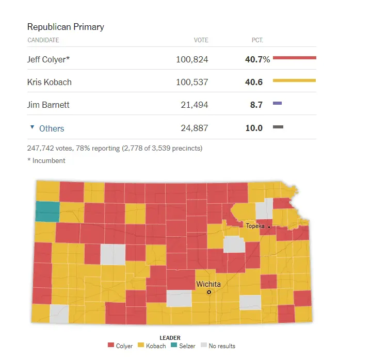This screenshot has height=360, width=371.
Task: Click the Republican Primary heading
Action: coord(66,26)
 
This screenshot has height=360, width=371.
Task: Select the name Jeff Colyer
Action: coord(48,59)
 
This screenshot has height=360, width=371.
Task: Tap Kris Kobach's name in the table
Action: coord(49,82)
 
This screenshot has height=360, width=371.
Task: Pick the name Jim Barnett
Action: coord(48,105)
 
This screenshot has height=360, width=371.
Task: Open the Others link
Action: coord(52,128)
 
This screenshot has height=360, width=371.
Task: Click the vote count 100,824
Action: coord(192,59)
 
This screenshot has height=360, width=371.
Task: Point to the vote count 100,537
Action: coord(192,82)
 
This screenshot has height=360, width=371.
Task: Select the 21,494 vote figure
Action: coord(195,105)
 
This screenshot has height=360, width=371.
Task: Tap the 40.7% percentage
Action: coord(257,59)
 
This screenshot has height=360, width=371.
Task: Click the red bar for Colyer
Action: coord(294,58)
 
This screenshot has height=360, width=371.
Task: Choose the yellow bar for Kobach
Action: coord(294,80)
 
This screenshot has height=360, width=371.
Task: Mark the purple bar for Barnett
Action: coord(277,104)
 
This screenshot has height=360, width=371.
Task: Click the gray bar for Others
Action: coord(278,127)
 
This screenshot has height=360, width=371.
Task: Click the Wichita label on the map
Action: coord(208,284)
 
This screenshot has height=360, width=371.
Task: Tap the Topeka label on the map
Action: coord(255,226)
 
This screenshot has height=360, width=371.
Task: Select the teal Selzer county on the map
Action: coord(47,211)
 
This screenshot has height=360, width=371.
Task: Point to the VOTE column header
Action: coord(201,40)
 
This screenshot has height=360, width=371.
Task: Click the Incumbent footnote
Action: coord(46,160)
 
